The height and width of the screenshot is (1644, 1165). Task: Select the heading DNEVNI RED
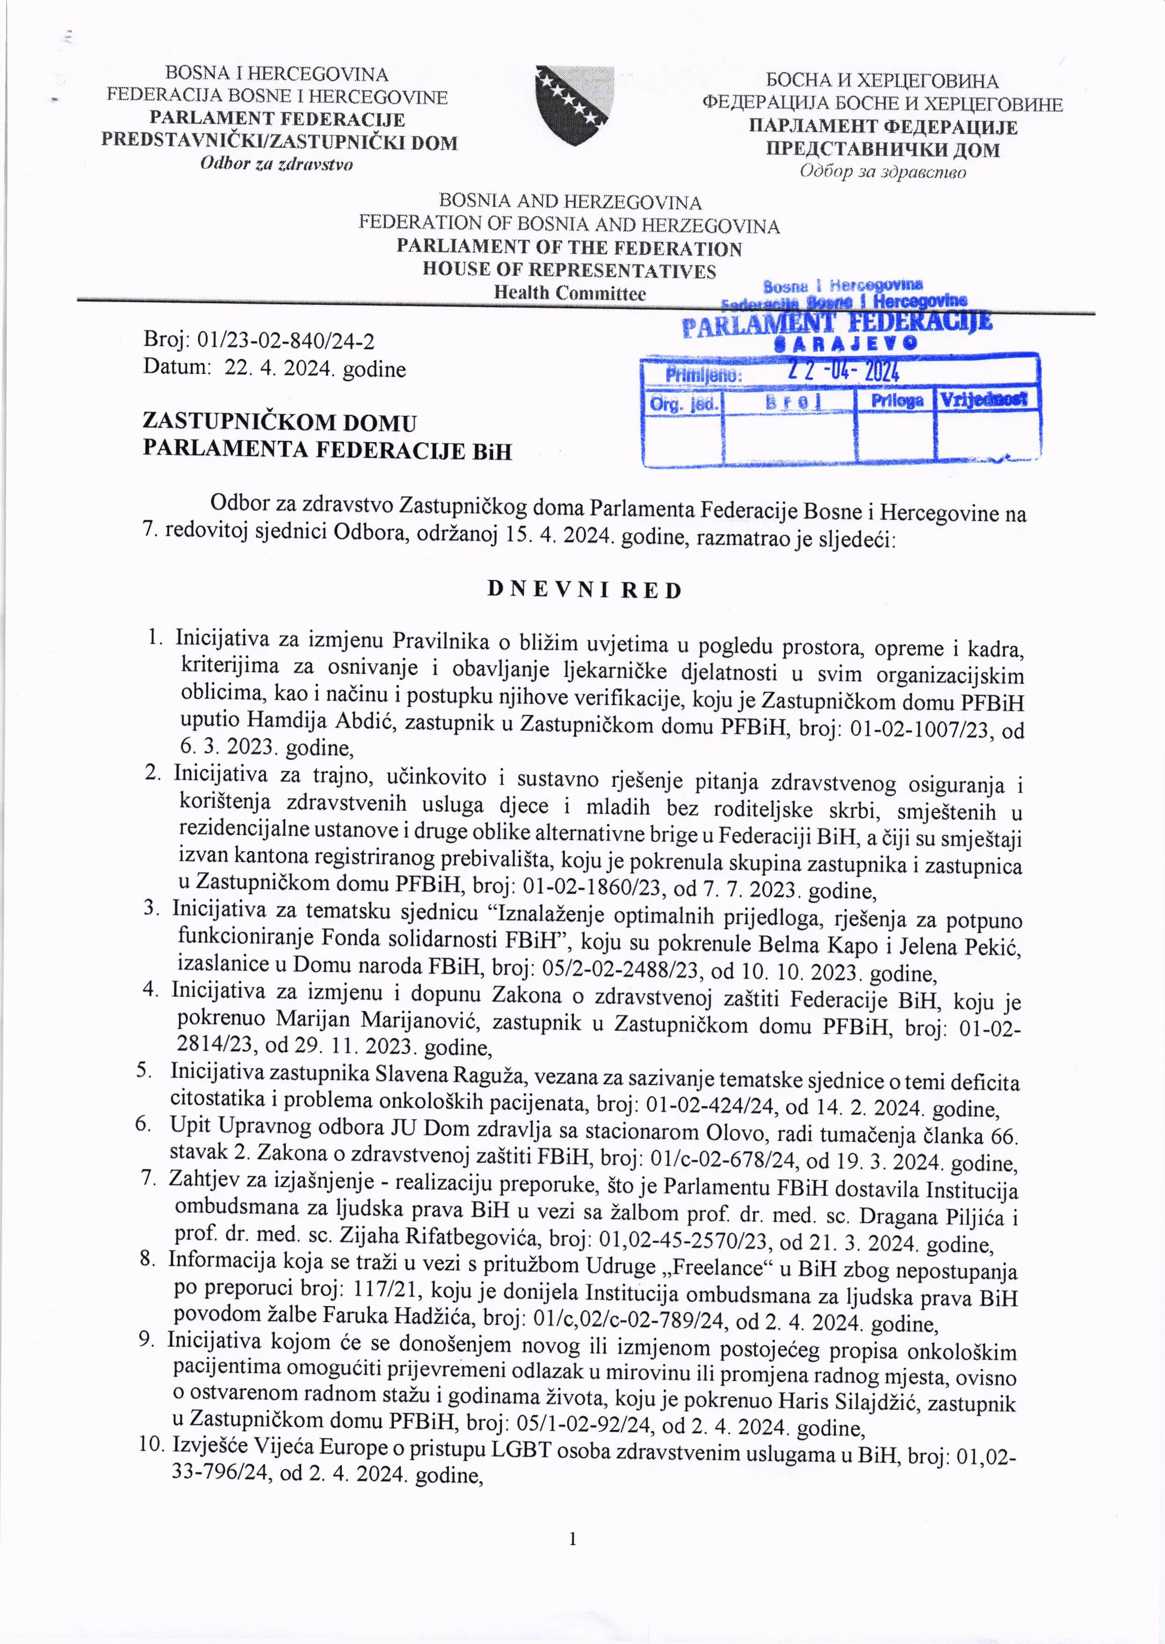click(584, 590)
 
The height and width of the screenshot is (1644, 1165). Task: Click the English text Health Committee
click(570, 293)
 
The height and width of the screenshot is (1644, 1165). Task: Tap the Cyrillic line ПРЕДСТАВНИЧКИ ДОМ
click(883, 150)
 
